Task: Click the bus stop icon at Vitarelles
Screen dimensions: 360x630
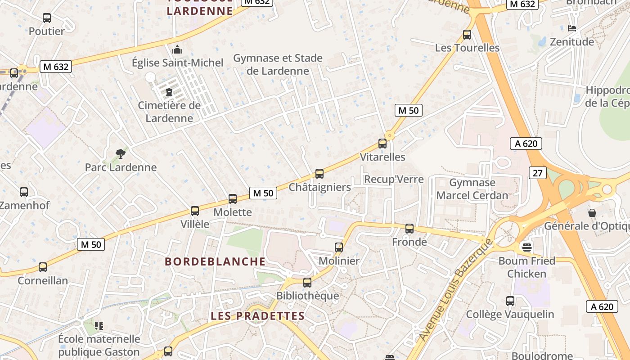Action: click(382, 144)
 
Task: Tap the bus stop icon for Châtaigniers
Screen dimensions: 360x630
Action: click(319, 173)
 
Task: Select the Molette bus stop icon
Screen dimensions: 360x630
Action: click(233, 198)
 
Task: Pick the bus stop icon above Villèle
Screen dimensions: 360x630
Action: click(195, 211)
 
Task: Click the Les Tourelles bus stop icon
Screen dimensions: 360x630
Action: click(467, 34)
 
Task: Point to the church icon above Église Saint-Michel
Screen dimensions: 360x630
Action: click(178, 49)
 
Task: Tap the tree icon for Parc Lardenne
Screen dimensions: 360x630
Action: click(120, 154)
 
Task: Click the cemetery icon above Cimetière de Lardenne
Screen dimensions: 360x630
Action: click(169, 93)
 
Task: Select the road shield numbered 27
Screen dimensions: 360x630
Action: click(538, 173)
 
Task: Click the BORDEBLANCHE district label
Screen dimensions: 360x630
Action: click(215, 261)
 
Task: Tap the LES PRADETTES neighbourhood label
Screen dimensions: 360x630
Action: click(258, 316)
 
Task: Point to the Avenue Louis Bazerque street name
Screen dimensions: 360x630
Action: click(455, 297)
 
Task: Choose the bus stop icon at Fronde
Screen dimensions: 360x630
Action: click(409, 229)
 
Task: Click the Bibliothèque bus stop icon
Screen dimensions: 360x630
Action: click(307, 283)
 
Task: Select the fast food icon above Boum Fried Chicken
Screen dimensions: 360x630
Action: click(526, 247)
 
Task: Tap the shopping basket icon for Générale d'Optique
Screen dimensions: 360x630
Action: click(592, 212)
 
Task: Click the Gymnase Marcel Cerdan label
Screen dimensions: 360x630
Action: click(472, 189)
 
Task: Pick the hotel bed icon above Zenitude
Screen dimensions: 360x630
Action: click(572, 28)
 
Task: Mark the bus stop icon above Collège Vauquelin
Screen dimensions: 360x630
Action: click(510, 301)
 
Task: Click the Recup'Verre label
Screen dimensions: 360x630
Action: click(394, 179)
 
